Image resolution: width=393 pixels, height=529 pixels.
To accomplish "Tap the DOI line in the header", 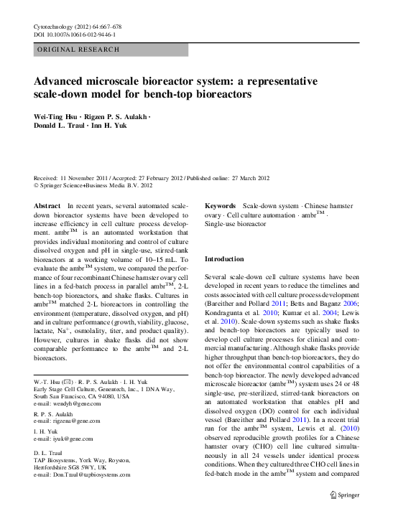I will [x=75, y=34].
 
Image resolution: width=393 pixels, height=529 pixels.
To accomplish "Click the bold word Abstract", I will [x=47, y=206].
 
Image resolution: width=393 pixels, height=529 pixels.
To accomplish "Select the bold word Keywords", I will [x=221, y=206].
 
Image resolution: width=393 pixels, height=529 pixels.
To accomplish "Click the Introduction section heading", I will [x=228, y=258].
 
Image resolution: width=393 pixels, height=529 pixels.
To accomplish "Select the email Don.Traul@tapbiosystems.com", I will [x=90, y=474].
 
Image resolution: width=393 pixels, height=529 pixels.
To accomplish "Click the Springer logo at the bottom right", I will [x=343, y=494].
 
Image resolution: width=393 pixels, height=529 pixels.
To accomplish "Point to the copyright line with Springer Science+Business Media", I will [x=93, y=184].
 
